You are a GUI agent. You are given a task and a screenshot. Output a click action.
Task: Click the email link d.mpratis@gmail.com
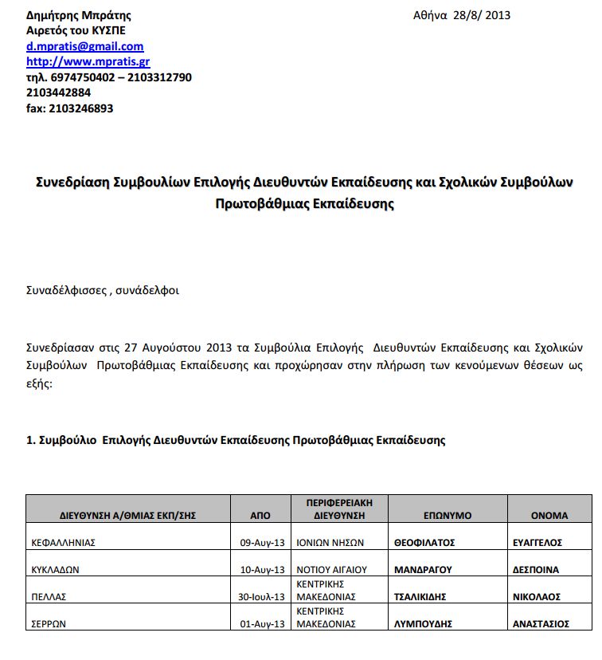point(85,46)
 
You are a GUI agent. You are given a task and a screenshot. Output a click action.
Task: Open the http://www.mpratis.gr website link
point(88,61)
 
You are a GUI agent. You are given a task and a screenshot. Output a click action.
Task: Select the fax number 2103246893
point(80,108)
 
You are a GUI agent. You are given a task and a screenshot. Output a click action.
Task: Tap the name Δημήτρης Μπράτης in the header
point(79,15)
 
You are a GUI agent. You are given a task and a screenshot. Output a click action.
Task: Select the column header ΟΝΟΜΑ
point(549,516)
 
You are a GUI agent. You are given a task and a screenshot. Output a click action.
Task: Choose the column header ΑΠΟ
point(260,516)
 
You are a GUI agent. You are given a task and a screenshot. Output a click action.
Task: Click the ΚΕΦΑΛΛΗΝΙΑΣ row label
point(63,543)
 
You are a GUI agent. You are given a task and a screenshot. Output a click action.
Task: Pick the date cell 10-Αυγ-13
point(262,570)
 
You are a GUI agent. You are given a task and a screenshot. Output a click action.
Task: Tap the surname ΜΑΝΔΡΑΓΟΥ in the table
point(423,570)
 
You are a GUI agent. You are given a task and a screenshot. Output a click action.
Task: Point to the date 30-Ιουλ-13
point(262,597)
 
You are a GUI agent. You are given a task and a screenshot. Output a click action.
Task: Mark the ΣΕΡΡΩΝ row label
point(49,624)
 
